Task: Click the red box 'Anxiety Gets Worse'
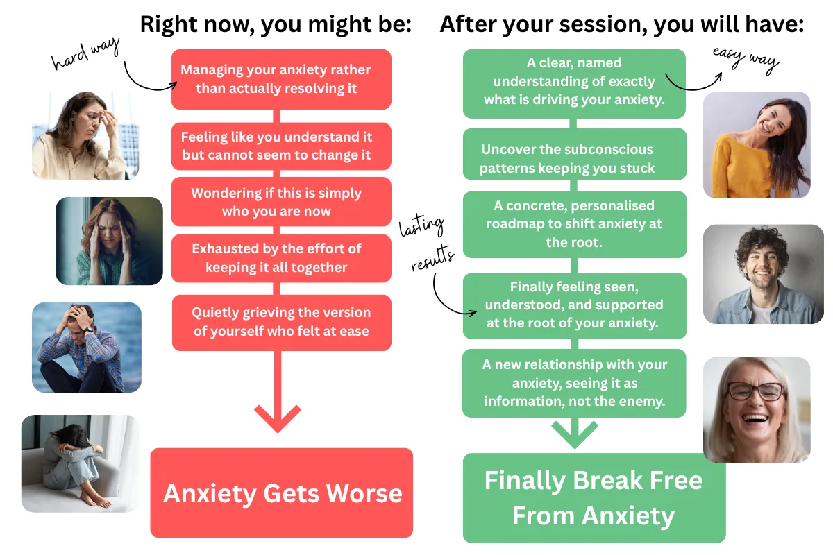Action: [282, 493]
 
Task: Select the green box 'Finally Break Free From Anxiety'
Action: [594, 497]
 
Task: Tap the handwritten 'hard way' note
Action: [85, 53]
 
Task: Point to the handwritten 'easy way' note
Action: [746, 60]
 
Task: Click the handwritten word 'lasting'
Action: [421, 225]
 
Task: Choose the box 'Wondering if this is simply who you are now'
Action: [281, 202]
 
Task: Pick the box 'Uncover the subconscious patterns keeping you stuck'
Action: [575, 154]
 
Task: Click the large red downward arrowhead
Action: [278, 418]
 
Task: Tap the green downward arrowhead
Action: [575, 434]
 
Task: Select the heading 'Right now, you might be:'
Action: [276, 24]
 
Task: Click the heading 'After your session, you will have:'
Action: [622, 24]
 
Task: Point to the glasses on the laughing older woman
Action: [756, 391]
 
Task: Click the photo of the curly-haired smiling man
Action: [763, 274]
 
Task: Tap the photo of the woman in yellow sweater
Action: [757, 145]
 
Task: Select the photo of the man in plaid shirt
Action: [87, 347]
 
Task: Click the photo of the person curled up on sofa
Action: [80, 463]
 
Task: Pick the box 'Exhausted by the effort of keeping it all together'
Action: [281, 258]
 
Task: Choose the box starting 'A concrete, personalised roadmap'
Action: [575, 225]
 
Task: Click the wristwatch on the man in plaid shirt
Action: [87, 330]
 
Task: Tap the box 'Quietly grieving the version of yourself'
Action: [282, 323]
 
